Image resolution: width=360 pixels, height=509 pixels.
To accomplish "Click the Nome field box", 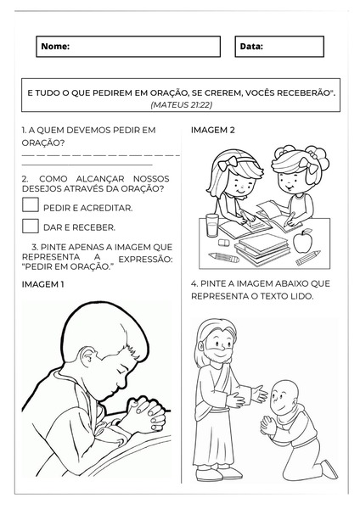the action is (x=128, y=47).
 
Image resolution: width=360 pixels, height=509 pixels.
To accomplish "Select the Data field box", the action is (x=279, y=47).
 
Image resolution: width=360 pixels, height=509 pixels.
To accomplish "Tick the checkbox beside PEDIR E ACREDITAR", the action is (x=31, y=204).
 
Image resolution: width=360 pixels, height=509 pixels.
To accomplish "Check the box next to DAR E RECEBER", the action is (x=31, y=226).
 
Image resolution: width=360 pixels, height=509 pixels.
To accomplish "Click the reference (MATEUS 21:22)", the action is (x=182, y=105).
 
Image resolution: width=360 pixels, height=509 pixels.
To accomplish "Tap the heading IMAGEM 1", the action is (x=43, y=284).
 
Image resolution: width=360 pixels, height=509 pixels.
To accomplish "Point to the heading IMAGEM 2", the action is (x=213, y=130).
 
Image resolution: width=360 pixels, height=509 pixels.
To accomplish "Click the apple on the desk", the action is (x=302, y=241).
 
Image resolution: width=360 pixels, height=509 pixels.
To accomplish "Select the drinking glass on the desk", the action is (x=212, y=225).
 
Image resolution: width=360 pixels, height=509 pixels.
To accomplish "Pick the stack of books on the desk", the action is (x=262, y=249).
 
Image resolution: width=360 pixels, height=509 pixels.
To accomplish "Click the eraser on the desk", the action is (x=224, y=243).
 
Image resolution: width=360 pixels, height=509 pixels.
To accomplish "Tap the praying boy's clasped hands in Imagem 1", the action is (x=146, y=415).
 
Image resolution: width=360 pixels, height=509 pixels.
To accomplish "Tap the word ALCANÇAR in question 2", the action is (x=100, y=179).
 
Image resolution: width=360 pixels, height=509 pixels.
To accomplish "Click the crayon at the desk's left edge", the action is (x=223, y=258).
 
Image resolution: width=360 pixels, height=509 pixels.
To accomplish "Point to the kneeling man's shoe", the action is (x=329, y=469).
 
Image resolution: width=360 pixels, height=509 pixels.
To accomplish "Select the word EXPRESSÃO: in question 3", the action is (x=145, y=260).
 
